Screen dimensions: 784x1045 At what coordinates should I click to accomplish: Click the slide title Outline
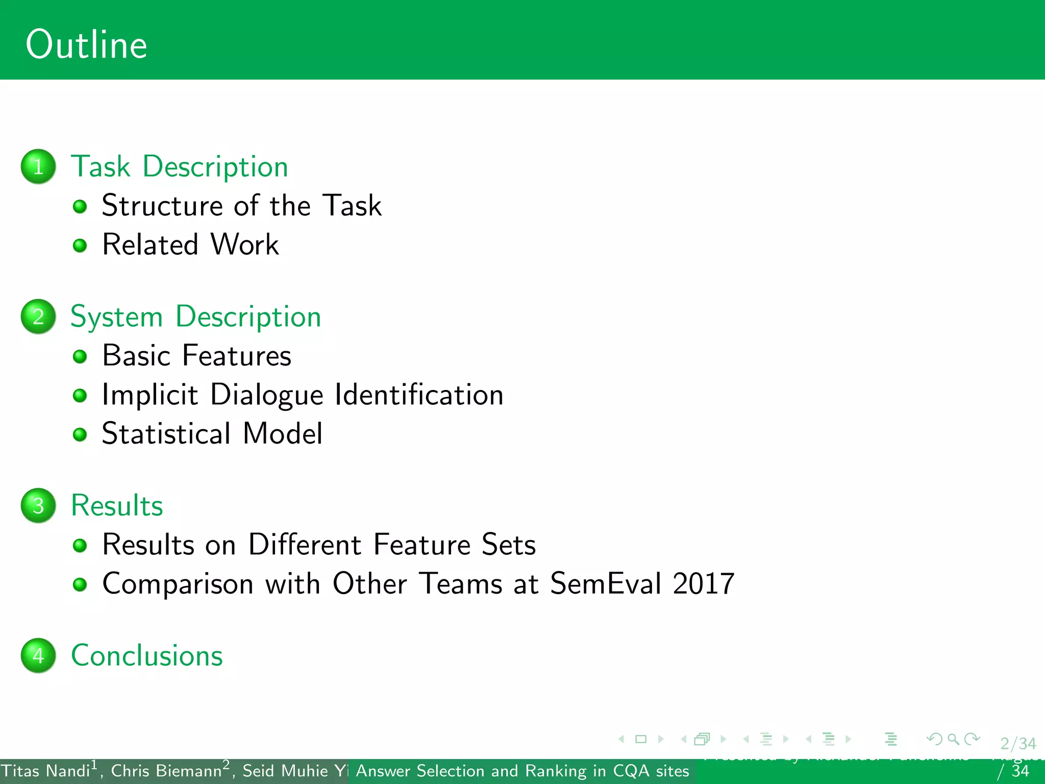click(x=86, y=45)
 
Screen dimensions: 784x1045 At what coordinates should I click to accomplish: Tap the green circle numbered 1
click(x=38, y=166)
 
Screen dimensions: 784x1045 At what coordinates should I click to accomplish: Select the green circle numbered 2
click(x=38, y=316)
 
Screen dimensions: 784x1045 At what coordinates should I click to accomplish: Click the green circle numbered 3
click(x=38, y=505)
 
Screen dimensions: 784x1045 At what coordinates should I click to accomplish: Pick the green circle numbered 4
click(x=38, y=655)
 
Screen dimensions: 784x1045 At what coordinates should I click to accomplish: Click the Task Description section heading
click(x=179, y=166)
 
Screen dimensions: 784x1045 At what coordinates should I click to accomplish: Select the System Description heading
click(x=195, y=316)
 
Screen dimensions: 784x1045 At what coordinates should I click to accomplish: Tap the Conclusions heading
click(x=147, y=655)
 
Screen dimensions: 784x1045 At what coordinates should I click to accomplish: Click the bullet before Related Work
click(x=80, y=246)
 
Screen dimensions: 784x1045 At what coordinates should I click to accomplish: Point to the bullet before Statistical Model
click(x=80, y=434)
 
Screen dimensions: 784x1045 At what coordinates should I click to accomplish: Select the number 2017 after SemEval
click(x=703, y=583)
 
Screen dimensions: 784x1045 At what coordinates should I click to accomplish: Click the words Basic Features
click(x=196, y=356)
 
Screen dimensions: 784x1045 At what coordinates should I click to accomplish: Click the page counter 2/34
click(x=1017, y=743)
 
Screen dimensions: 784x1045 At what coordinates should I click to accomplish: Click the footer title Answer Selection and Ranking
click(x=522, y=771)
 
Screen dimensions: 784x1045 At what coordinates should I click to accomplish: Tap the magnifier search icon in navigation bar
click(x=953, y=739)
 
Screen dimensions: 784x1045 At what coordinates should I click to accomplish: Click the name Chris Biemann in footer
click(x=166, y=771)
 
